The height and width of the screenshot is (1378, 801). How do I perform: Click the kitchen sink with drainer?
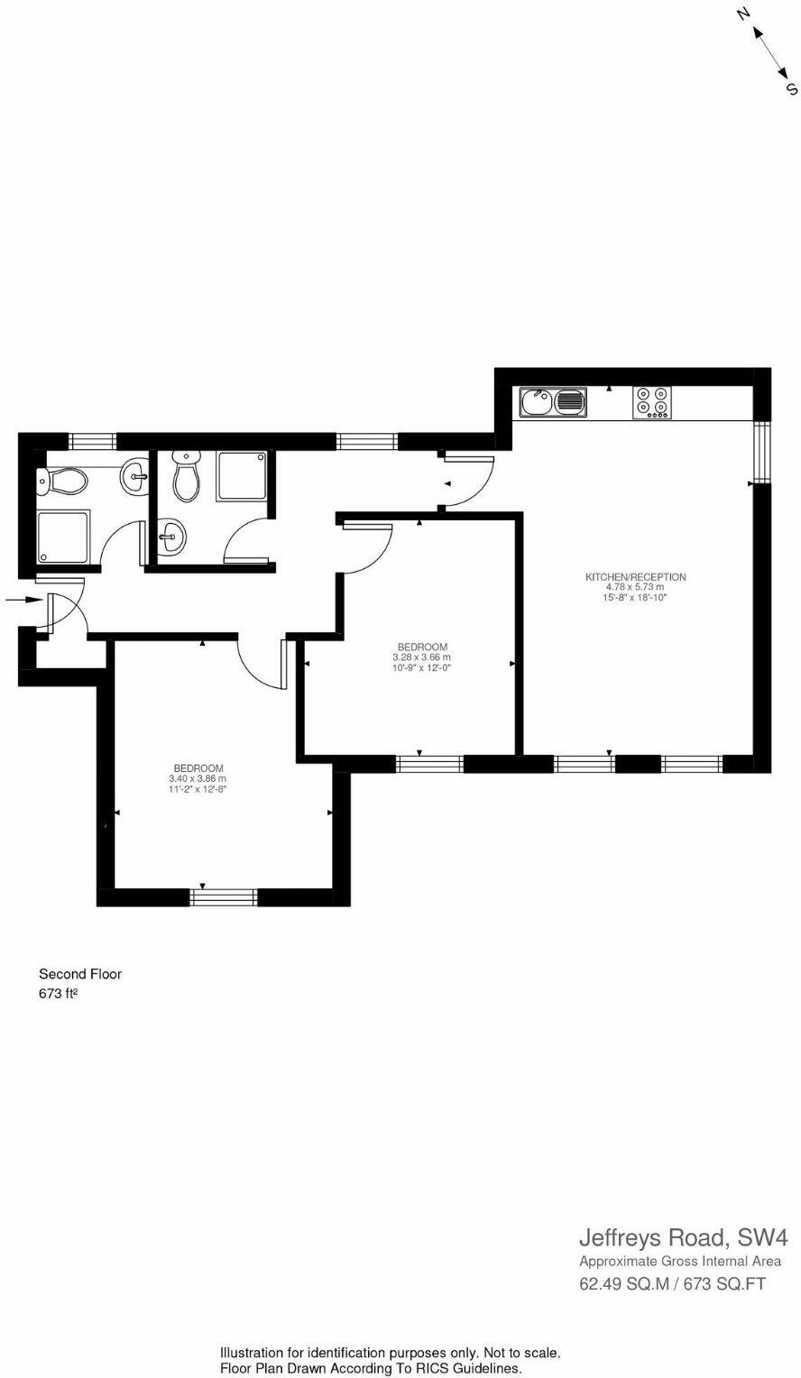click(552, 402)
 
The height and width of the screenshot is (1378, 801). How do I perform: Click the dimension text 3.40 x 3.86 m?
click(197, 778)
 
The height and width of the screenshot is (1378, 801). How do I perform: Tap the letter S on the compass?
click(791, 87)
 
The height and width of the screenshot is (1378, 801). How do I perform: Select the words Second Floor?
click(79, 974)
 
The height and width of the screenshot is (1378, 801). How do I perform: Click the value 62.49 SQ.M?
click(623, 1283)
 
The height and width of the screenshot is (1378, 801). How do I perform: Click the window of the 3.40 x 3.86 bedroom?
click(224, 896)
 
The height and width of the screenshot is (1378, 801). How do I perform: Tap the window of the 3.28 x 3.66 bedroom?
click(429, 764)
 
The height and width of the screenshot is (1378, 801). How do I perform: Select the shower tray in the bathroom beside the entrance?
click(63, 537)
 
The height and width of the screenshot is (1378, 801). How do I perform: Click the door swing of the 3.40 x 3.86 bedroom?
click(262, 663)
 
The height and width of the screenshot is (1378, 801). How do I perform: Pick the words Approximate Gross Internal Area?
click(679, 1262)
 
